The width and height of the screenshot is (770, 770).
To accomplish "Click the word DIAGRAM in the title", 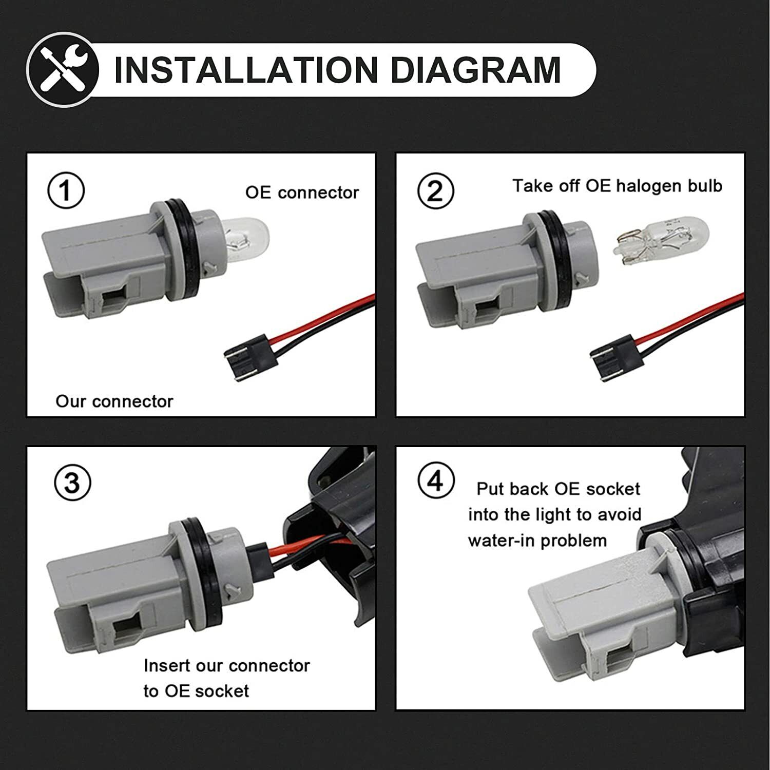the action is point(475,70).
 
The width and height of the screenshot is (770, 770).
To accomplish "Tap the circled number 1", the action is point(66,191).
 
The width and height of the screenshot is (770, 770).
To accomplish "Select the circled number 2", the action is point(435,191).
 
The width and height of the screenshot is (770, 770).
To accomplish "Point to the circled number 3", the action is point(72,483).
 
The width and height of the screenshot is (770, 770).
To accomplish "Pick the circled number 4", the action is point(436,480).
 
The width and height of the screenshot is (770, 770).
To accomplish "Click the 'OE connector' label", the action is point(302,192).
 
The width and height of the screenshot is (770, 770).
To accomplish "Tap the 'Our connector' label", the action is point(114,401).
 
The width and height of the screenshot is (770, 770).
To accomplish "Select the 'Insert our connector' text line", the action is point(226,665).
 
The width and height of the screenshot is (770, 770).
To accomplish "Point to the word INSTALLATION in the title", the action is point(246,70).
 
